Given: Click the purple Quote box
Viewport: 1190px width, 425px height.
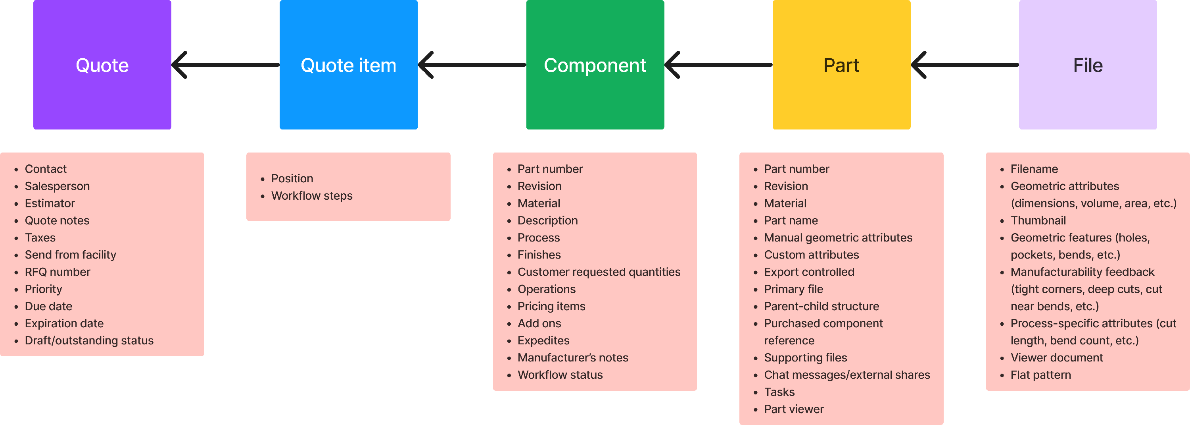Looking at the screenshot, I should point(102,65).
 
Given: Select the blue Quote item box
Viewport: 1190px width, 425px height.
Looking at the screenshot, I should point(348,65).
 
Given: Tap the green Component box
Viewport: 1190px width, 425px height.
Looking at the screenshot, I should point(595,65).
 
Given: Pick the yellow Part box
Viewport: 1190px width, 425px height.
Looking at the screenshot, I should point(841,65).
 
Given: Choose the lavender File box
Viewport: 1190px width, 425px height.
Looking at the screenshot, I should point(1088,65).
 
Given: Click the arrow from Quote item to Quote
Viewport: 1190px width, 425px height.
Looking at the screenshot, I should point(225,65).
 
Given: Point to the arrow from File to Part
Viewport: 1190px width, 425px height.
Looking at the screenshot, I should point(965,65).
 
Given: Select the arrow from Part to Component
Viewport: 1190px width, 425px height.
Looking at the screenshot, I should point(718,65).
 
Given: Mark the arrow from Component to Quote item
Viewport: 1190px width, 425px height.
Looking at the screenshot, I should point(472,65).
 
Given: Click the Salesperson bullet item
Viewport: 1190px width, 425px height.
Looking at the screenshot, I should point(57,186).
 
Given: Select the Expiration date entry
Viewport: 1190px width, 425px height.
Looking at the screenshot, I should point(64,323).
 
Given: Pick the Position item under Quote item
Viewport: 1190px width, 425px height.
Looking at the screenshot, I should point(292,178).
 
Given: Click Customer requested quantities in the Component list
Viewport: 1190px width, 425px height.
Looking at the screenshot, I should point(599,272).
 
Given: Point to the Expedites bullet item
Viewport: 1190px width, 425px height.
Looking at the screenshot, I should point(543,340).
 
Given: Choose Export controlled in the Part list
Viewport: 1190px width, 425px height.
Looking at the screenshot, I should point(809,272).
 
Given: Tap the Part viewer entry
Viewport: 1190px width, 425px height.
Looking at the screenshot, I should point(794,409).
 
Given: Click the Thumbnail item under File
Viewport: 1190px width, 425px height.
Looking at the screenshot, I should point(1038,220).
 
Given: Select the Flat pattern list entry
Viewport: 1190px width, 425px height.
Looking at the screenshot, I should point(1040,375).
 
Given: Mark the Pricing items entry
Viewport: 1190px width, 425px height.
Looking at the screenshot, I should point(551,306).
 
